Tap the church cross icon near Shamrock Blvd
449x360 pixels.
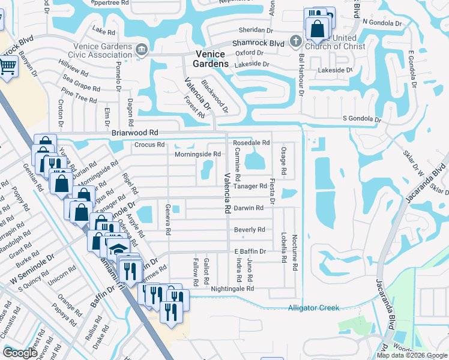pyautogui.click(x=295, y=41)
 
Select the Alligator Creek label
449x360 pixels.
pyautogui.click(x=313, y=308)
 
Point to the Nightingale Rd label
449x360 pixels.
pyautogui.click(x=233, y=289)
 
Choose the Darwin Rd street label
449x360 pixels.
pyautogui.click(x=249, y=208)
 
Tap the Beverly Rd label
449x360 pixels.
pyautogui.click(x=249, y=230)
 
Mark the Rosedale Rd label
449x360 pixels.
pyautogui.click(x=251, y=143)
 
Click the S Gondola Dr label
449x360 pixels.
pyautogui.click(x=362, y=119)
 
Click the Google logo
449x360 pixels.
pyautogui.click(x=20, y=353)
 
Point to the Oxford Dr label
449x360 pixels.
pyautogui.click(x=249, y=53)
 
